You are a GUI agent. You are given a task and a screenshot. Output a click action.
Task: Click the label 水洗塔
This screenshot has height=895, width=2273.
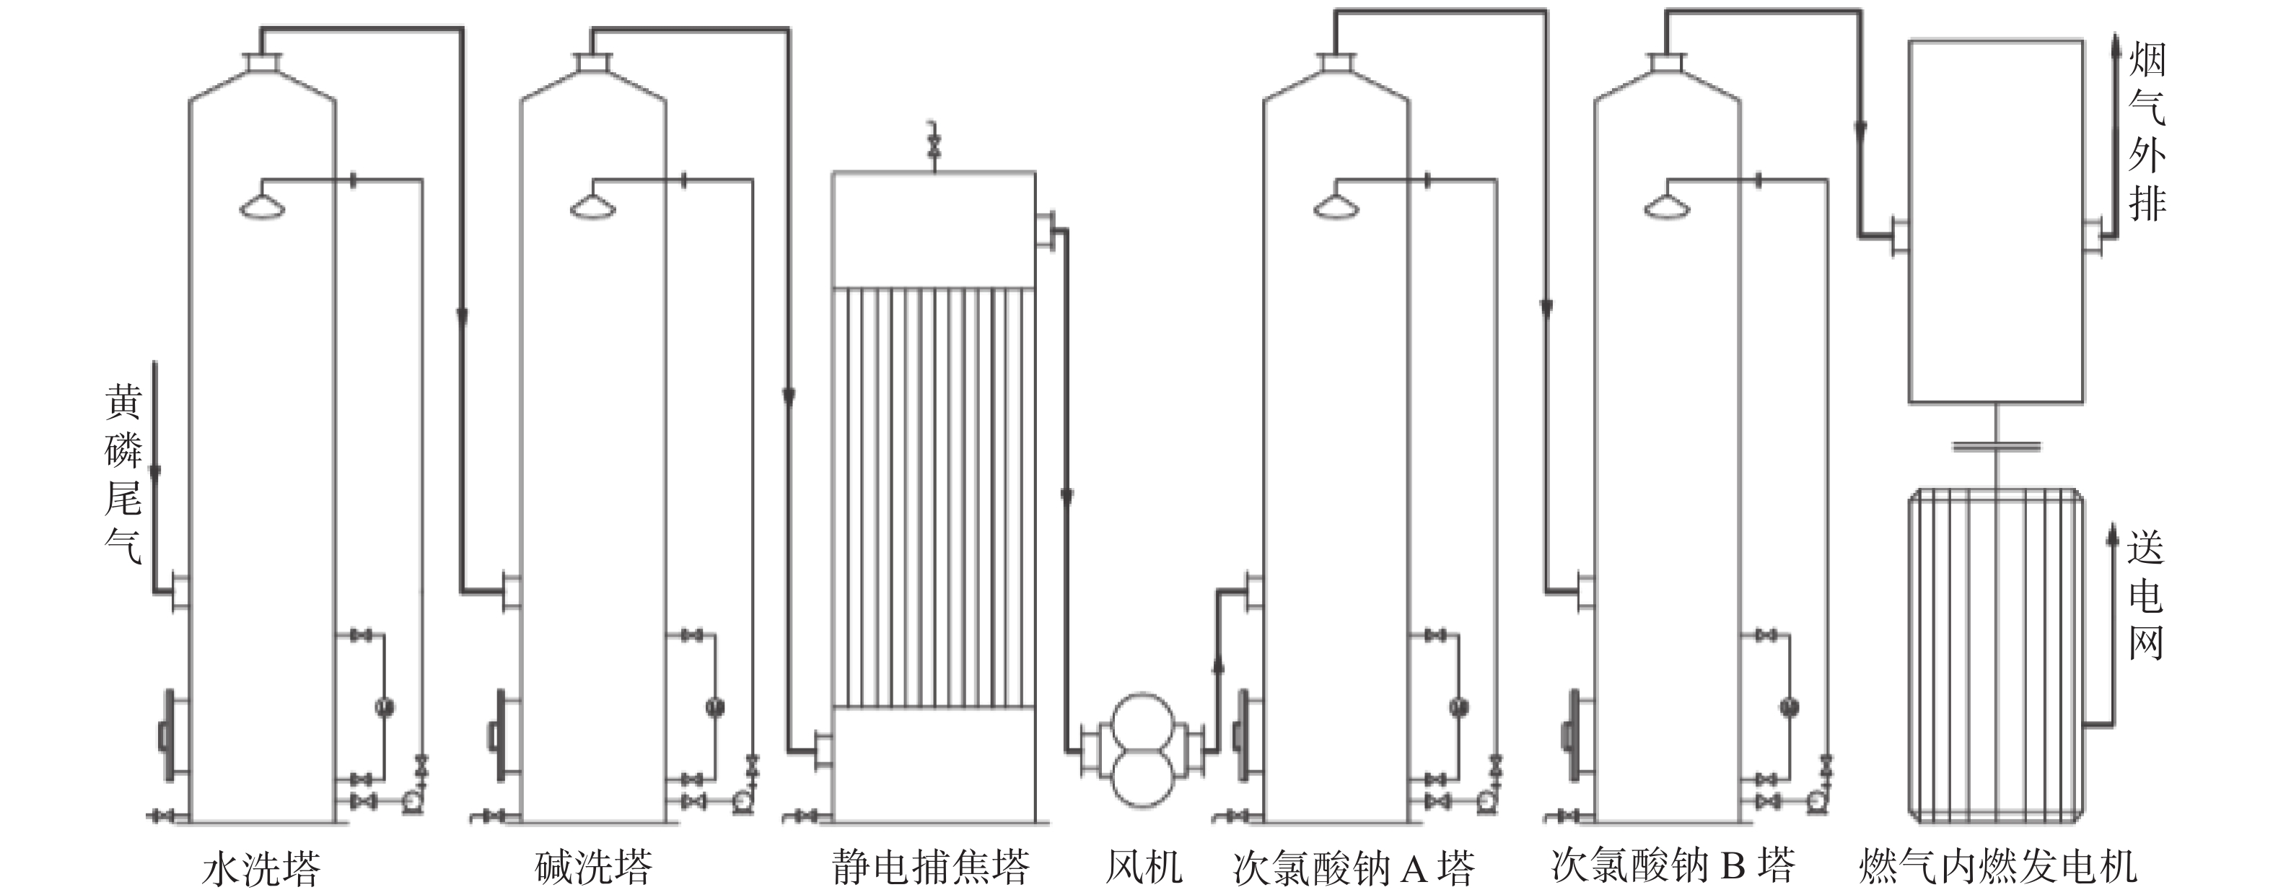[x=261, y=868]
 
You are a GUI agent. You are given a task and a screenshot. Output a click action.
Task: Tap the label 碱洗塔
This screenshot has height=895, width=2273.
[x=594, y=868]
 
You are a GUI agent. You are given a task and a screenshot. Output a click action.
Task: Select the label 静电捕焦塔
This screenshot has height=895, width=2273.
[x=931, y=868]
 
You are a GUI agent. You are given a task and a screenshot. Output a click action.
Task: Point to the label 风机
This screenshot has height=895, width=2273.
[x=1144, y=868]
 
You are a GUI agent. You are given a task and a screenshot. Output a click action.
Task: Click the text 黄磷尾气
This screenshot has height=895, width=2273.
[x=123, y=474]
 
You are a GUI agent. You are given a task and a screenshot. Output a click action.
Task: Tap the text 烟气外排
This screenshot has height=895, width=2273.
[x=2147, y=132]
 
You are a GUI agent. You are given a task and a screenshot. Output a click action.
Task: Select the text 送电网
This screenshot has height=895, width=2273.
[x=2146, y=595]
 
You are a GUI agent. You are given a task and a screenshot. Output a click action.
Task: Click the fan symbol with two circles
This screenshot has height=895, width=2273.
[x=1143, y=750]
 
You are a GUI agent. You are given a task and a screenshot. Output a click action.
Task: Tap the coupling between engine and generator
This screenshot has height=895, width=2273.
[x=1996, y=447]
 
